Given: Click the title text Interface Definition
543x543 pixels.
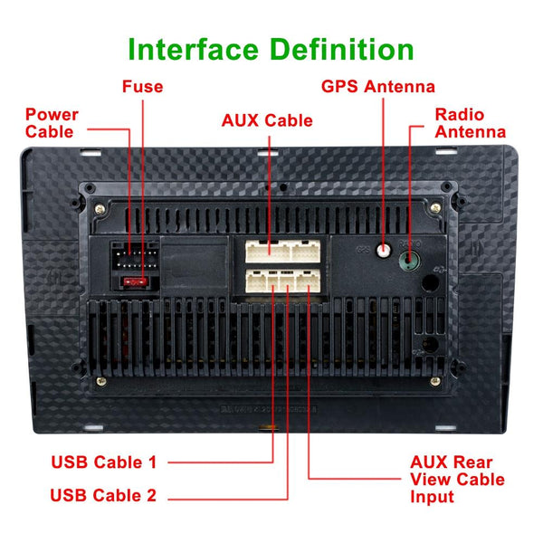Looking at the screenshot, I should (x=271, y=48).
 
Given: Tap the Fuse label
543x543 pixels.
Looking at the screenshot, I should (x=143, y=87).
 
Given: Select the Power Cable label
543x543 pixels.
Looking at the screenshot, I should (x=52, y=123).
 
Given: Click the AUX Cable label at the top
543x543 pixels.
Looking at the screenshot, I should (x=267, y=120).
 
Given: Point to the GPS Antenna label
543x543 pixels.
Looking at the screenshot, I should (x=378, y=87).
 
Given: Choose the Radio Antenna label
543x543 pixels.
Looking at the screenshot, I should (x=470, y=123).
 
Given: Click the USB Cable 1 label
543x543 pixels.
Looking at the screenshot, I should (x=103, y=462).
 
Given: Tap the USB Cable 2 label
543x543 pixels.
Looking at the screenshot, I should (x=103, y=495).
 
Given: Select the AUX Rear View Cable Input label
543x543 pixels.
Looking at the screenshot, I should (x=457, y=480).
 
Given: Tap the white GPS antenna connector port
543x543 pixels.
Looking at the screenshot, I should (x=385, y=251).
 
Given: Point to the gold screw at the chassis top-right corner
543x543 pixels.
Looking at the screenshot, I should (x=439, y=212).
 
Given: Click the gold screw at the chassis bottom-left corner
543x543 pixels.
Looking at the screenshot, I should (x=100, y=381).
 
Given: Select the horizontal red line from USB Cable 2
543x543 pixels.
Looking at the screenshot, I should (x=226, y=496).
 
